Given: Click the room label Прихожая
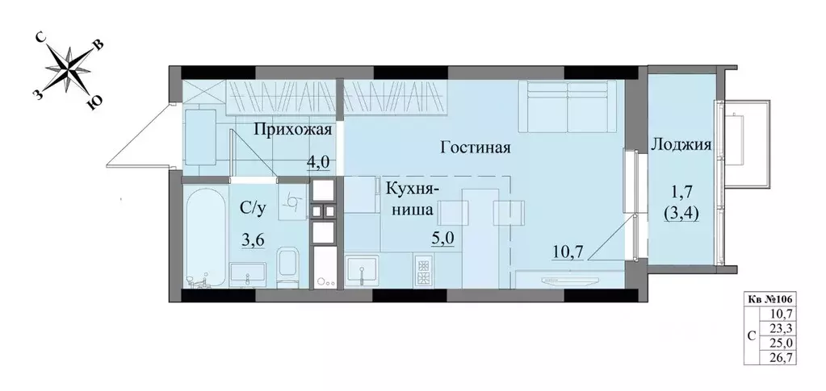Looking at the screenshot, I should point(294,130).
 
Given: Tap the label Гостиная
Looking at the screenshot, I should point(477,148).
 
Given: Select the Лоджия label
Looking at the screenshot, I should point(680,146).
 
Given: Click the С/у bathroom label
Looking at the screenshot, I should point(253,208).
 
